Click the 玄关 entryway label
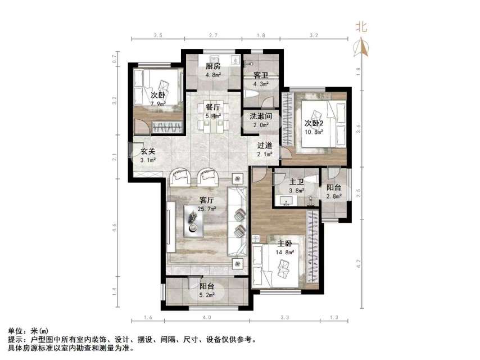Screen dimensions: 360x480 [x=148, y=151]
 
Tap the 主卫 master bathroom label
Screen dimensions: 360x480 [x=297, y=182]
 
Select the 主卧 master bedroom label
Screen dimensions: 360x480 [x=284, y=244]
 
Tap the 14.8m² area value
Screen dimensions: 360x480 [x=284, y=252]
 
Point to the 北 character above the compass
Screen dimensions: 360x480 [x=361, y=26]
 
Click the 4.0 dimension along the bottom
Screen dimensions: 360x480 [x=207, y=318]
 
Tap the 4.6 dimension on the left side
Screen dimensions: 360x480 [x=115, y=228]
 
